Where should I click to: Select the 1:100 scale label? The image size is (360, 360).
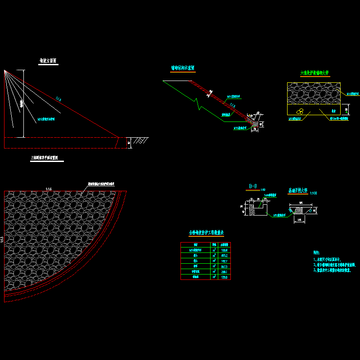[x=313, y=193]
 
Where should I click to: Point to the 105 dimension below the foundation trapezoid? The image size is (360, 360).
[x=299, y=220]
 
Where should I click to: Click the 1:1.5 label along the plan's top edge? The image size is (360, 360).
[x=49, y=189]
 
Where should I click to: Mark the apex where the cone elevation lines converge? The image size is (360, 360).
[x=4, y=70]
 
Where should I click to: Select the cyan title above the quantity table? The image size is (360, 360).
[x=206, y=233]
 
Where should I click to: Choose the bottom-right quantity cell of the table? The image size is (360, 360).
[x=224, y=277]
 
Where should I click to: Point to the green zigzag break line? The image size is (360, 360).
[x=197, y=103]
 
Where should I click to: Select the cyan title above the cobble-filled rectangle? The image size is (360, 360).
[x=315, y=72]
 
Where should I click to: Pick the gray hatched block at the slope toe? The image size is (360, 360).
[x=255, y=123]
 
